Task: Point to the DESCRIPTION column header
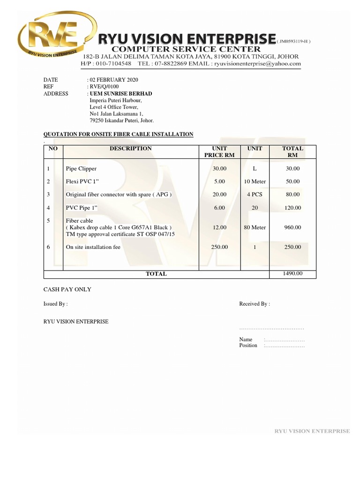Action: pos(131,149)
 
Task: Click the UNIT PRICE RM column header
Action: pos(219,152)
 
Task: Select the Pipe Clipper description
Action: pos(81,168)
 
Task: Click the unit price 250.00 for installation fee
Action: pos(219,247)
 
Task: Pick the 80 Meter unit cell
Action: pos(255,227)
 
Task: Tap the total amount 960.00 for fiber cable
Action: pos(292,227)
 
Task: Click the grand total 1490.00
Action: pos(292,273)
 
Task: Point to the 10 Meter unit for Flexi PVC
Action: pos(255,181)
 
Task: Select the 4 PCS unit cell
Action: pos(255,194)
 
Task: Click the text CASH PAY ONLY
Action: pos(67,289)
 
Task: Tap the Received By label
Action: pos(254,304)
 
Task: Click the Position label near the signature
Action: pos(248,345)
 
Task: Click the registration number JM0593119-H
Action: pos(293,41)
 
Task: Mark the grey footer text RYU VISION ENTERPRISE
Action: pos(312,431)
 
